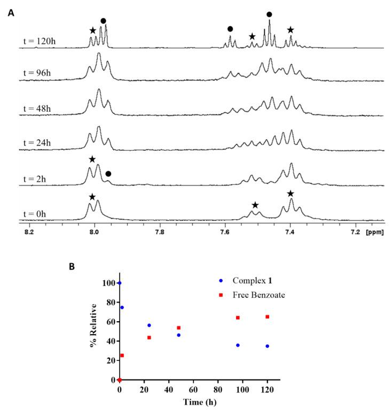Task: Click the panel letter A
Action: (11, 11)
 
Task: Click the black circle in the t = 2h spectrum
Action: (108, 174)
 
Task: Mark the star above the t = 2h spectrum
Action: (92, 159)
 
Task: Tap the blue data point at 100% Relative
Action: (120, 283)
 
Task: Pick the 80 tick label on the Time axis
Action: (217, 389)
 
